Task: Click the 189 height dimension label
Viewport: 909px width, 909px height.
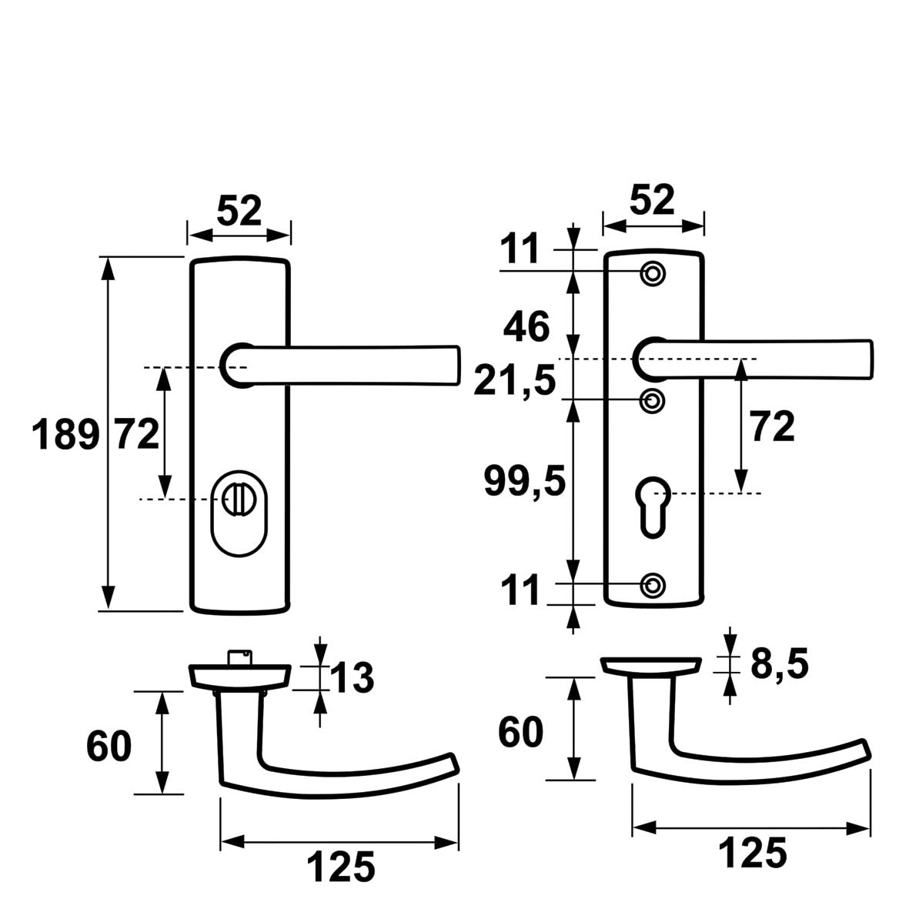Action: click(65, 436)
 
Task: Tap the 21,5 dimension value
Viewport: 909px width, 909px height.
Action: click(515, 380)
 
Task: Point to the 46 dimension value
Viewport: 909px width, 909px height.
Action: click(527, 328)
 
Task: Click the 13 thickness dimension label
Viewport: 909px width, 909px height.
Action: click(353, 678)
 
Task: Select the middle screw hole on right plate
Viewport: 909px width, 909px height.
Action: click(653, 400)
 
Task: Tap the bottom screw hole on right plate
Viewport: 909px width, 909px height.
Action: click(653, 585)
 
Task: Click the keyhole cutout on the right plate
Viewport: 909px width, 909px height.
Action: click(651, 507)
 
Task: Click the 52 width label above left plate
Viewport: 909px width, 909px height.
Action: click(239, 211)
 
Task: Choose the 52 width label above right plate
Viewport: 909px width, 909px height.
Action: click(652, 200)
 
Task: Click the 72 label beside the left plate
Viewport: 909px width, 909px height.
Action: click(137, 435)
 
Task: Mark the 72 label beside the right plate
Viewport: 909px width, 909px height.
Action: click(772, 427)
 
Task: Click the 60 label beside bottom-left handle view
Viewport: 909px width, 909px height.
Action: click(109, 746)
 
